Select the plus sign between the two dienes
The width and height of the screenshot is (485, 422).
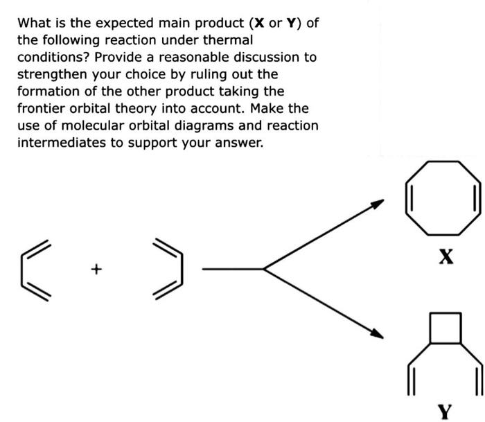97,267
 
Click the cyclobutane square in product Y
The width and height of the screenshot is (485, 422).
445,328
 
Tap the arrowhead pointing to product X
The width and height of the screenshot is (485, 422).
377,204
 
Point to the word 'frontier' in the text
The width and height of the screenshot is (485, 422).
41,109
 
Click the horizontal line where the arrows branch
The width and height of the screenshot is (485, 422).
232,268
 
